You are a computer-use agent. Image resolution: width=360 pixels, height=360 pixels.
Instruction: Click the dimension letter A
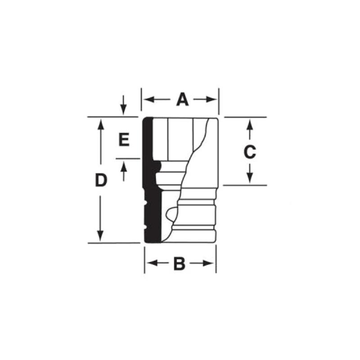pyautogui.click(x=183, y=99)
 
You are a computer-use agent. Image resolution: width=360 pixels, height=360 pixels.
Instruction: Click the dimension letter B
pyautogui.click(x=179, y=264)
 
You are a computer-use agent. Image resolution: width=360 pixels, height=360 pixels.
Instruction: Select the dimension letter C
pyautogui.click(x=250, y=152)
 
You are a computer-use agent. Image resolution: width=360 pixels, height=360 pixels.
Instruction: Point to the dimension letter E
pyautogui.click(x=124, y=139)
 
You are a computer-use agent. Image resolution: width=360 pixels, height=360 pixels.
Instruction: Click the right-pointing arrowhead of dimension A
pyautogui.click(x=211, y=99)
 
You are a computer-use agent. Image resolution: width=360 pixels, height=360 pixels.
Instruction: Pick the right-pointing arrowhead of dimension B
pyautogui.click(x=208, y=263)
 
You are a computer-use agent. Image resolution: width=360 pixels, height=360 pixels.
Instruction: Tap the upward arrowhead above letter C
pyautogui.click(x=250, y=125)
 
